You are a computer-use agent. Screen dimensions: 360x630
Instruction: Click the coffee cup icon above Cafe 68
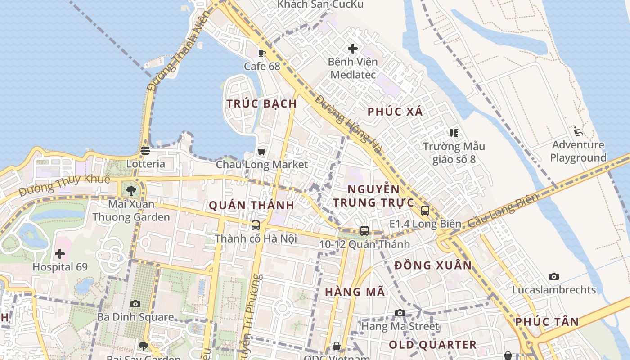(262, 53)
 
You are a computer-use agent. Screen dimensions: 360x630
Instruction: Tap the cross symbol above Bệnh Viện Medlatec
(353, 48)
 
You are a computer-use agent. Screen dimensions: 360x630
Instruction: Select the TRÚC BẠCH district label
(261, 104)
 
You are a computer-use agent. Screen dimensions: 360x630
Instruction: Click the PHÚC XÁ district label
(395, 112)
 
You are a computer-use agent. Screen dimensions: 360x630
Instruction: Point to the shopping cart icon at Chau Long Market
(262, 152)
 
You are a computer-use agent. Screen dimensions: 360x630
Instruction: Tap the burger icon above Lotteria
(145, 151)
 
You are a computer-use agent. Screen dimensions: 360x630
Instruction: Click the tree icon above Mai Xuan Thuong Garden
(131, 191)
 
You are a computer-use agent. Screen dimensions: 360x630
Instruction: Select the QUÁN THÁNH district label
(252, 206)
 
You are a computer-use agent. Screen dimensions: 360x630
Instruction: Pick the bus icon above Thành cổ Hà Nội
(256, 225)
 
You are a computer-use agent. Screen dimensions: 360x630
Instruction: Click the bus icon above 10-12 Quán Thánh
(364, 231)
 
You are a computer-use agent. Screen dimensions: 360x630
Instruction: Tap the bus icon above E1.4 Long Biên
(425, 211)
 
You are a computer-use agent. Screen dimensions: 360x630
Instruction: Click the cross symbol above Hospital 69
(60, 254)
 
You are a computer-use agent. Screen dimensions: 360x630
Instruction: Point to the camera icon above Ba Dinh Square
(135, 304)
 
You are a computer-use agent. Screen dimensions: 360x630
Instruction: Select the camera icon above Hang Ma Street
(400, 313)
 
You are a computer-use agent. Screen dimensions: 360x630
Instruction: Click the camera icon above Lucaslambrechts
(554, 276)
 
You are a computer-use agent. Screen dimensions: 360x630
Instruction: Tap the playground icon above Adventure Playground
(578, 132)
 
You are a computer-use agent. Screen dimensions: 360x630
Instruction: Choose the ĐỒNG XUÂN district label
(433, 265)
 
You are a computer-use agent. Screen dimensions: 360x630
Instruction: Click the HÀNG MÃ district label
(355, 292)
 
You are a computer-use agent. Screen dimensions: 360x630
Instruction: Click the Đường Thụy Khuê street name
(65, 185)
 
